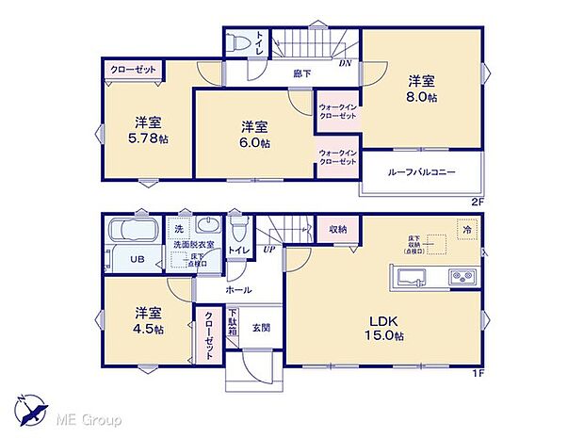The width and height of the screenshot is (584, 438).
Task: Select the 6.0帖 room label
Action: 252,134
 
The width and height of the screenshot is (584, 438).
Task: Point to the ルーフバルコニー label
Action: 421,173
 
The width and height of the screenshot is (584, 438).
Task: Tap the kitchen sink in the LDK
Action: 412,278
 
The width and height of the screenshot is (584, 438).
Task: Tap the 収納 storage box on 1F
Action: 338,229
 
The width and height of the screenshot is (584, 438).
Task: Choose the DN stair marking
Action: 346,63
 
